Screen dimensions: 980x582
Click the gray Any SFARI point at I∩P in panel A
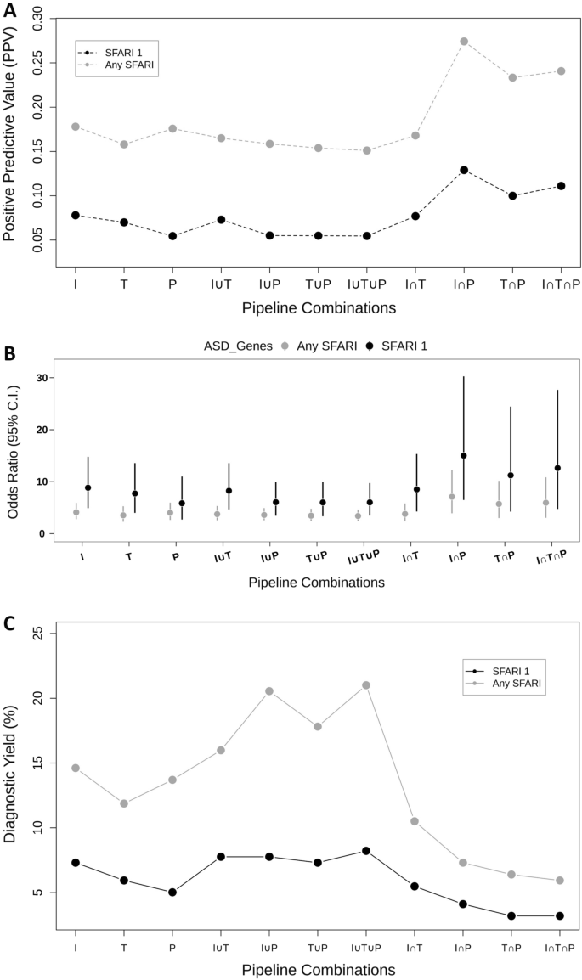464,41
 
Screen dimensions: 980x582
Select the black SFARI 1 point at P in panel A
172,236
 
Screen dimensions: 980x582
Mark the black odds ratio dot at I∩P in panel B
463,455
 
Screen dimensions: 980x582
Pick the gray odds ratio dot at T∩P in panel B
499,504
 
